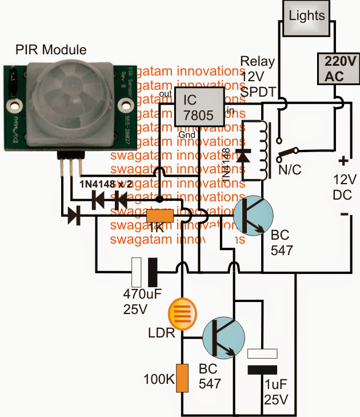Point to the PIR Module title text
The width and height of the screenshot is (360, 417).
pyautogui.click(x=51, y=50)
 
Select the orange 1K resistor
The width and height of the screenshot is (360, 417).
pyautogui.click(x=160, y=216)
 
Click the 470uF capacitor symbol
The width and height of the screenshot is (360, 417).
pyautogui.click(x=145, y=272)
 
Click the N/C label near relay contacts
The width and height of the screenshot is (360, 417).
pyautogui.click(x=289, y=170)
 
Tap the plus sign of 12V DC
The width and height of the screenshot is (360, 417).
pyautogui.click(x=345, y=161)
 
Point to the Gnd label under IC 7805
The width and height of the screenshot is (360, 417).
pyautogui.click(x=182, y=133)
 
